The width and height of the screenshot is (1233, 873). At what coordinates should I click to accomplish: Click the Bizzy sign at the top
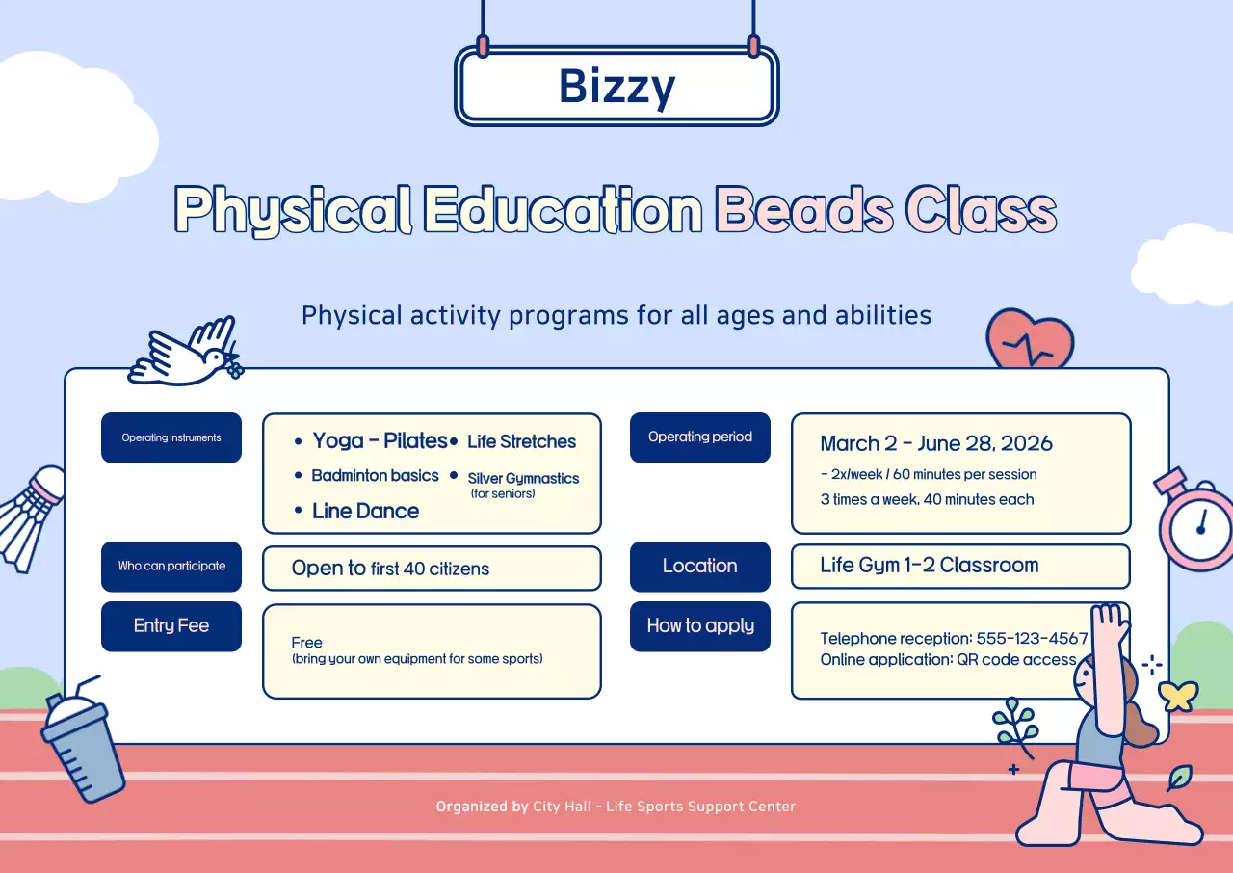pos(616,86)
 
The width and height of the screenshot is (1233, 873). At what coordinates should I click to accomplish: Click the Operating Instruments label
pos(171,437)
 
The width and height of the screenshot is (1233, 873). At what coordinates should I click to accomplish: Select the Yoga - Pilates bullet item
pos(380,441)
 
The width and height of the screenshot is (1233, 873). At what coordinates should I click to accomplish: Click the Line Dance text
pos(365,512)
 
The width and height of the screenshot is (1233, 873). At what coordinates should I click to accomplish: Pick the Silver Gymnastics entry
pos(523,479)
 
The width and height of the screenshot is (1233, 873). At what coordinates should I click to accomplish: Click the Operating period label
pos(700,436)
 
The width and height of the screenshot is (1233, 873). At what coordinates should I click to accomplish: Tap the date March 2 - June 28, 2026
pos(936,444)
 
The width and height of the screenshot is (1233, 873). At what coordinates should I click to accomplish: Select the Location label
pos(700,566)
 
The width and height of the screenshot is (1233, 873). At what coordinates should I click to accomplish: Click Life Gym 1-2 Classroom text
pos(930,566)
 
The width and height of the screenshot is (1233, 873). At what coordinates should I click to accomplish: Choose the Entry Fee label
pos(171,625)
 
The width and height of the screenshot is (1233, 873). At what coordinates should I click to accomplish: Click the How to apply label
pos(700,625)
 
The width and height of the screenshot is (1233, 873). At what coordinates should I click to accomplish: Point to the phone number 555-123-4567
pos(1032,639)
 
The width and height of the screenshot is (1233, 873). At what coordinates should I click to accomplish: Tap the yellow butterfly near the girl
pos(1178,695)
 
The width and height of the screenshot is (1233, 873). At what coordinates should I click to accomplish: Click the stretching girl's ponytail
pos(1142,723)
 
